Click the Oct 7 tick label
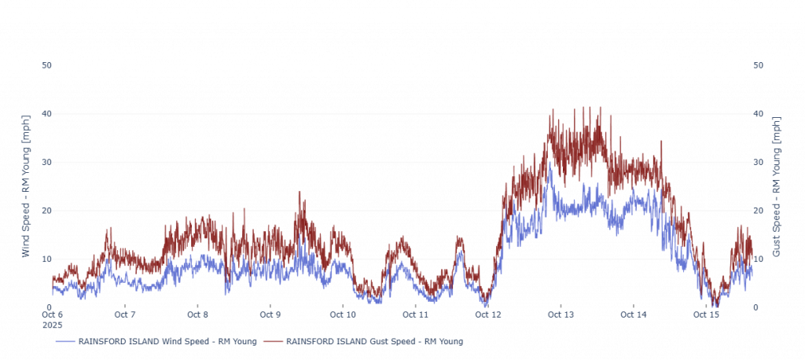(x=125, y=314)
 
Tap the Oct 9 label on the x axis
(x=270, y=314)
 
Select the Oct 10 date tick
(x=343, y=314)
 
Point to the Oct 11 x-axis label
(x=415, y=314)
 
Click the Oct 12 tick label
(x=488, y=314)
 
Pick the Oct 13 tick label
(x=561, y=314)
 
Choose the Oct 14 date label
(x=634, y=314)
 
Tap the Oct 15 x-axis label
(x=706, y=314)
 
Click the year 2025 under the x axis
(x=52, y=324)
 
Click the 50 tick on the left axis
(x=46, y=65)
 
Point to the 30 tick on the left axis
(x=46, y=162)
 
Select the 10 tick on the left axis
(x=46, y=259)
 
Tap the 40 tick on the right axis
(x=759, y=114)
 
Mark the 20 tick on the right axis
(x=759, y=211)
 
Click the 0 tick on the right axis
(x=756, y=307)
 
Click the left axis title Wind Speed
(x=26, y=186)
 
